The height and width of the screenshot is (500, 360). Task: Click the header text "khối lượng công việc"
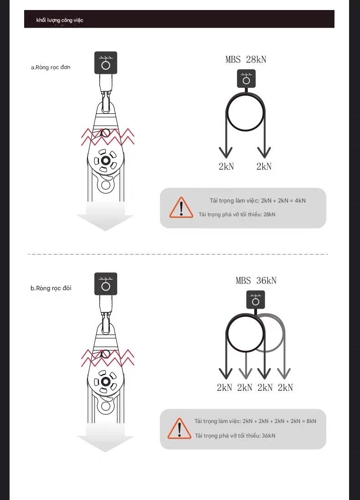tap(60, 20)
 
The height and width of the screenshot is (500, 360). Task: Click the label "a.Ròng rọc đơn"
tap(51, 67)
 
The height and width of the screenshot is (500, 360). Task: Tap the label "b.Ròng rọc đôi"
tap(51, 288)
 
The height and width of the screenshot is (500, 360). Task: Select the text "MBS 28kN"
tap(246, 59)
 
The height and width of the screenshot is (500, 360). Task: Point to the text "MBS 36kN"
tap(256, 281)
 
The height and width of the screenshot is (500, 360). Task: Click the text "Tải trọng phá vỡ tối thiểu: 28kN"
tap(237, 214)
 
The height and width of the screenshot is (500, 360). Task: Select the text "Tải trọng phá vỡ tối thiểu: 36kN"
tap(235, 436)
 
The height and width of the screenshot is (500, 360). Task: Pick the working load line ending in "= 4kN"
tap(257, 200)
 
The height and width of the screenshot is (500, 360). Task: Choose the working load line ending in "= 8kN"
tap(255, 421)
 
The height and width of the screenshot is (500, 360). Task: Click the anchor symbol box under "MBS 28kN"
tap(247, 78)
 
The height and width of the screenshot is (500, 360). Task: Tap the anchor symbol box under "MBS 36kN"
tap(256, 300)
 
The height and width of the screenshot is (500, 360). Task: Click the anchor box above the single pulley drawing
tap(106, 63)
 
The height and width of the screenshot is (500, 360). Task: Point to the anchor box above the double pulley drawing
tap(106, 284)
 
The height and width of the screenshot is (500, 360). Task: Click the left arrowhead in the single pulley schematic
tap(226, 153)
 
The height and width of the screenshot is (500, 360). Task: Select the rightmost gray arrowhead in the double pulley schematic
tap(284, 373)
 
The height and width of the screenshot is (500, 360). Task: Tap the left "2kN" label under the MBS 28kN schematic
tap(226, 167)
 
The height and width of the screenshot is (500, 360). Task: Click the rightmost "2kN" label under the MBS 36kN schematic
tap(285, 388)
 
